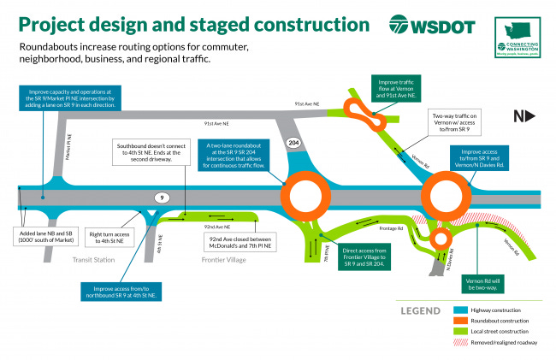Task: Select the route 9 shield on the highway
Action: pyautogui.click(x=160, y=198)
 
